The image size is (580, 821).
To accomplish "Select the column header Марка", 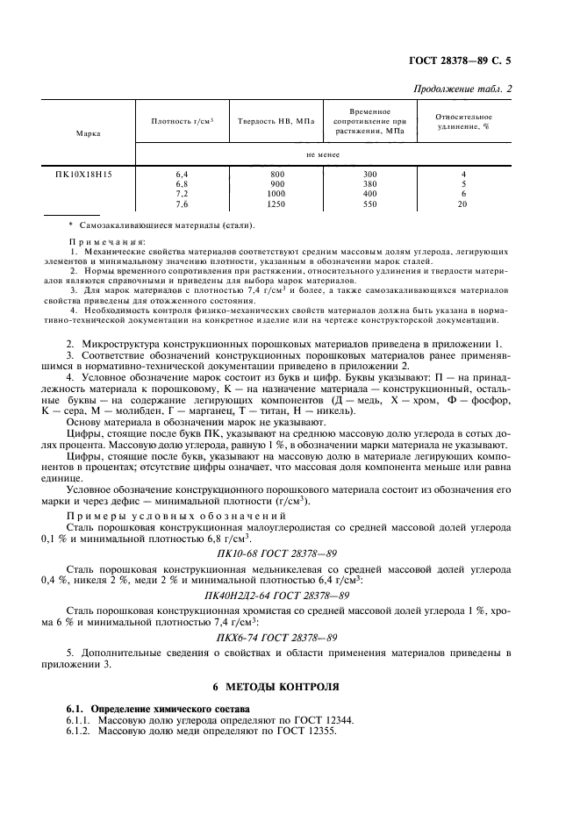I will pos(89,133).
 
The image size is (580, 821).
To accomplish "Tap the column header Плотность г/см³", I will pos(183,121).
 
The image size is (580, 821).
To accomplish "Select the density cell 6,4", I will pos(183,174).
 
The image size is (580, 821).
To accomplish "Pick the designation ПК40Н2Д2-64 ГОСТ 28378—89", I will pos(289,596).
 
